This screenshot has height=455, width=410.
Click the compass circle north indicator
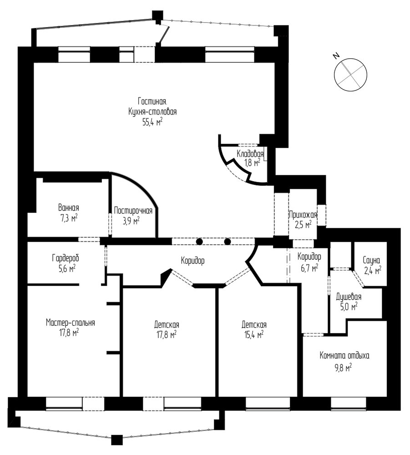pos(350,75)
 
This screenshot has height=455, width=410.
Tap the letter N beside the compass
pos(336,56)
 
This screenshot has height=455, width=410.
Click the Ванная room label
pos(68,208)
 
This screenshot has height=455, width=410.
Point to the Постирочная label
pos(133,210)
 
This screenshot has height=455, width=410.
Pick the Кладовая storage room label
pos(250,154)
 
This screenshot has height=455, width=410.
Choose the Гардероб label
pos(66,258)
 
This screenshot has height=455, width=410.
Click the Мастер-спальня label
pos(71,323)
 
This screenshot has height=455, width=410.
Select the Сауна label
pos(371,260)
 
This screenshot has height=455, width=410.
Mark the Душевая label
pos(349,297)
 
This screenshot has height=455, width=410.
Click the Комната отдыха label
pos(344,355)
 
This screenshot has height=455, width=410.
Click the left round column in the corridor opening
pos(199,242)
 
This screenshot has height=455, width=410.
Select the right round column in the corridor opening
pos(228,242)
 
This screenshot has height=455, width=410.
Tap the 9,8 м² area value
pos(343,368)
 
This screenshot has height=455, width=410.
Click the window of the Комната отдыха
pos(348,404)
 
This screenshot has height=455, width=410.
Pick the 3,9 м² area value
pos(131,222)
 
